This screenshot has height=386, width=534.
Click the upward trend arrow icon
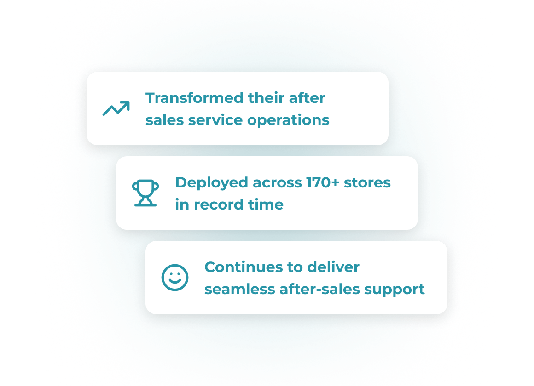pyautogui.click(x=116, y=108)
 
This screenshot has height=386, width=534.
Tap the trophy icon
pyautogui.click(x=145, y=193)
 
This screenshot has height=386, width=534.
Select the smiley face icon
pyautogui.click(x=175, y=278)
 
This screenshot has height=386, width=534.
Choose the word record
pyautogui.click(x=219, y=204)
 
